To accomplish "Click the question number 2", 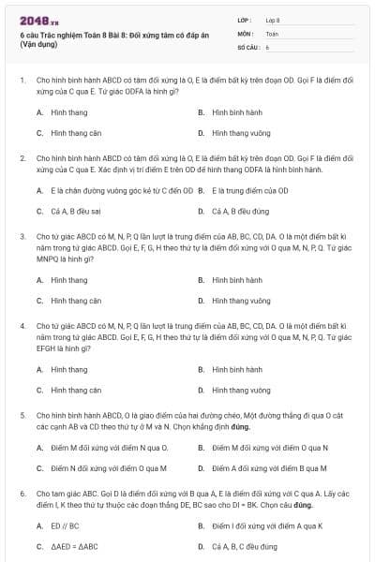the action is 22,158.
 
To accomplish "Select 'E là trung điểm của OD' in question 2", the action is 246,190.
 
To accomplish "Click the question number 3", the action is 22,237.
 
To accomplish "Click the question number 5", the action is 22,414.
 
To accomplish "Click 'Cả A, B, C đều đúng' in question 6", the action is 245,546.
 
